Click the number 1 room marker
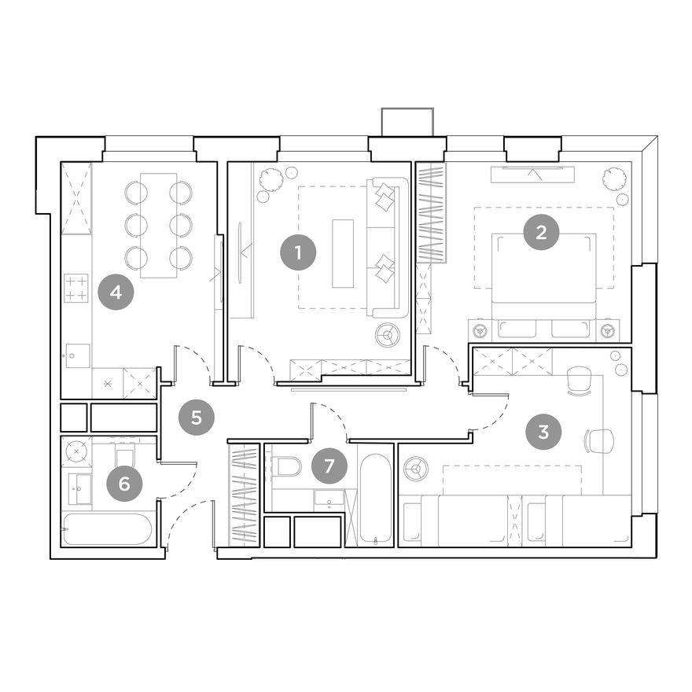click(298, 252)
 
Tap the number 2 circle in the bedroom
click(540, 232)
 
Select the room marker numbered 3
click(543, 431)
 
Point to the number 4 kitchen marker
click(116, 293)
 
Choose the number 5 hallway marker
click(197, 417)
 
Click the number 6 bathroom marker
click(123, 483)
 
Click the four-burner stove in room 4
click(76, 287)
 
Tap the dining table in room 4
click(158, 225)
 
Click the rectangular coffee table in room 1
click(343, 253)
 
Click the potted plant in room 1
click(271, 180)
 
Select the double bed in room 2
click(543, 271)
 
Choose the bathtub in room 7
click(374, 498)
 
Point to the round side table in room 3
click(414, 470)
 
